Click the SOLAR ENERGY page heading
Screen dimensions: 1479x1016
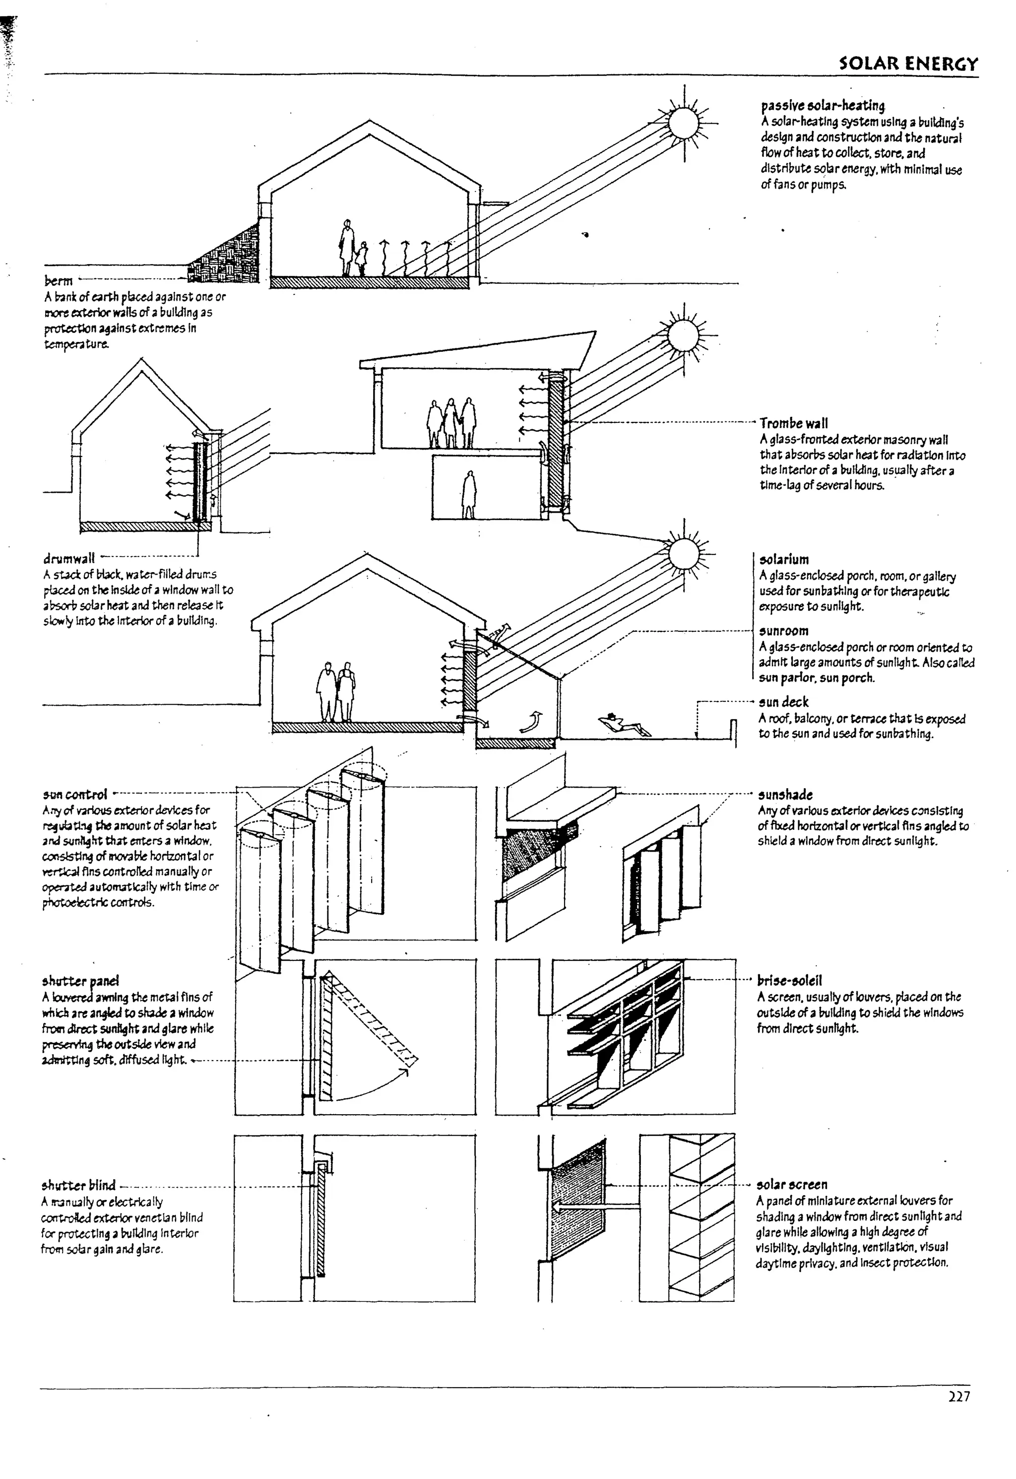click(x=908, y=63)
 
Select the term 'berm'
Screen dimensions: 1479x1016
click(x=59, y=281)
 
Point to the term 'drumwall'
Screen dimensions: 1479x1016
click(x=69, y=559)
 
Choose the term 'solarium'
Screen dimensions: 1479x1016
click(x=784, y=560)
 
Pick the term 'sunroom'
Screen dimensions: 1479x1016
click(x=784, y=631)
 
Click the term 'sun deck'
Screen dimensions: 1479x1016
click(x=784, y=702)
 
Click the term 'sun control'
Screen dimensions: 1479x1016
click(x=75, y=794)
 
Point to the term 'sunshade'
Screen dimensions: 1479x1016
click(x=785, y=795)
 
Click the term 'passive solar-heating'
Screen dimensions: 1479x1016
click(x=823, y=105)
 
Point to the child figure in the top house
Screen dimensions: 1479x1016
click(x=362, y=258)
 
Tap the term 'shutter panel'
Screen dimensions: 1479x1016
click(x=81, y=981)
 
